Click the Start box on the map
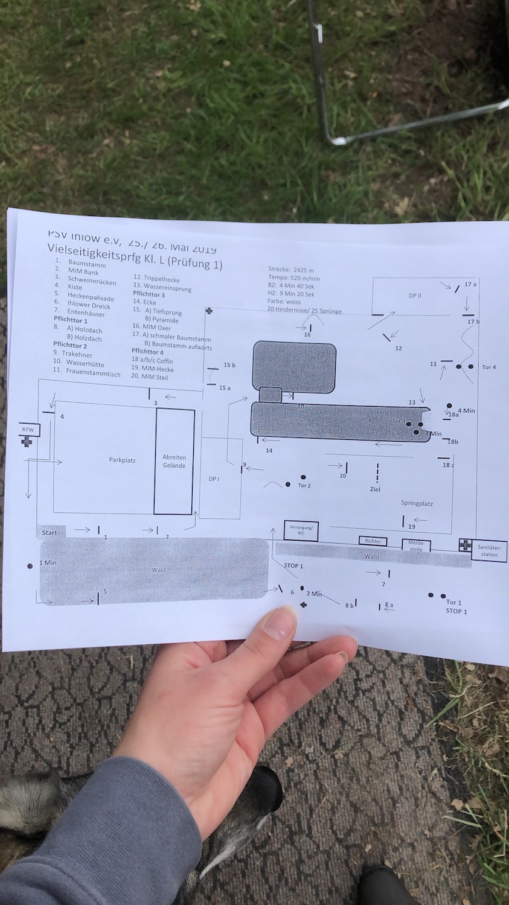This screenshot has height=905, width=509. click(x=50, y=532)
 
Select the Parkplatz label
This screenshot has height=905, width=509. click(x=122, y=460)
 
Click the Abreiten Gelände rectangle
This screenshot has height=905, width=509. click(x=174, y=462)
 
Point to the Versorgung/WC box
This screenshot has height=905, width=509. click(x=301, y=530)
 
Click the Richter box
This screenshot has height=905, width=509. click(x=373, y=541)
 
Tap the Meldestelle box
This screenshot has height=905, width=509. click(x=416, y=545)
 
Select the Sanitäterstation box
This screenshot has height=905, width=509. click(x=488, y=550)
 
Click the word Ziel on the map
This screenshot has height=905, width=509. click(x=376, y=489)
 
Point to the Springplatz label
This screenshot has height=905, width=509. click(x=417, y=503)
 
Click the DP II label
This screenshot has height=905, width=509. click(x=415, y=296)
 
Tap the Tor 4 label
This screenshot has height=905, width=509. click(x=489, y=367)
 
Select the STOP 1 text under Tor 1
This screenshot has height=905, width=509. click(x=456, y=611)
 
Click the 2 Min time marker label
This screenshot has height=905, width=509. click(x=315, y=594)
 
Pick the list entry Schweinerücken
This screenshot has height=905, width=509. click(x=92, y=282)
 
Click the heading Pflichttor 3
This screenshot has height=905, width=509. click(x=149, y=294)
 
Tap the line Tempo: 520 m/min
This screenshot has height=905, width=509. click(x=294, y=278)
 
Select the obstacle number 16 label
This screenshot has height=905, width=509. click(x=307, y=334)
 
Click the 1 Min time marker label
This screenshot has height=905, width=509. click(x=48, y=562)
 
